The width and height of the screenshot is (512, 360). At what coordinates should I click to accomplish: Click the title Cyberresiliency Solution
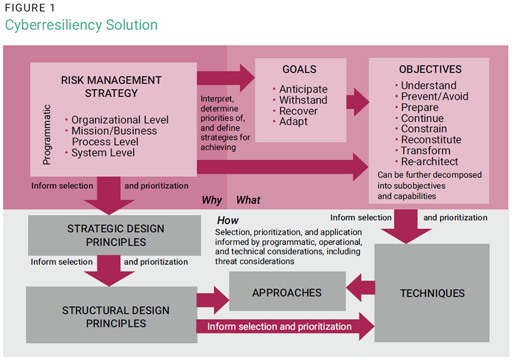(x=81, y=25)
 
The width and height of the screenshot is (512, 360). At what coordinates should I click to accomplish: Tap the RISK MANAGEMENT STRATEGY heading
(x=111, y=86)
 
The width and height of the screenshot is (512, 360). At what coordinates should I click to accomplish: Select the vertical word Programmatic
(x=47, y=134)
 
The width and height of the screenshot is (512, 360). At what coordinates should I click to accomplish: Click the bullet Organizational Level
(x=119, y=120)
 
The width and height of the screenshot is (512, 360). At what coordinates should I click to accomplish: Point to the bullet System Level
(x=103, y=152)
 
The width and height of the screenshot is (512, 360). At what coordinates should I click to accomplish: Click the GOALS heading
(x=299, y=69)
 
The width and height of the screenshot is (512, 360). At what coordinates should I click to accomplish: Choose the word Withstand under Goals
(x=303, y=100)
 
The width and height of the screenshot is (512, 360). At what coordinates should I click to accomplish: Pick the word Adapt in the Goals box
(x=293, y=122)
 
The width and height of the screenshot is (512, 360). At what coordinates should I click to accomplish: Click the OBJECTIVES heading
(x=430, y=69)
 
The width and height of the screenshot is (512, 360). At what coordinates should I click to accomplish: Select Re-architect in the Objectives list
(x=429, y=162)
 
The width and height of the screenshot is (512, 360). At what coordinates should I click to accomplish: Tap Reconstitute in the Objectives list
(x=431, y=140)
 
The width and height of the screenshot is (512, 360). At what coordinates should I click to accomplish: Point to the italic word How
(x=228, y=221)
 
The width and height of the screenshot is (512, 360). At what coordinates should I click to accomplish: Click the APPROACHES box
(x=287, y=293)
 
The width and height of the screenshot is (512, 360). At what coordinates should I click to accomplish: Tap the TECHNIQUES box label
(x=432, y=293)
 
